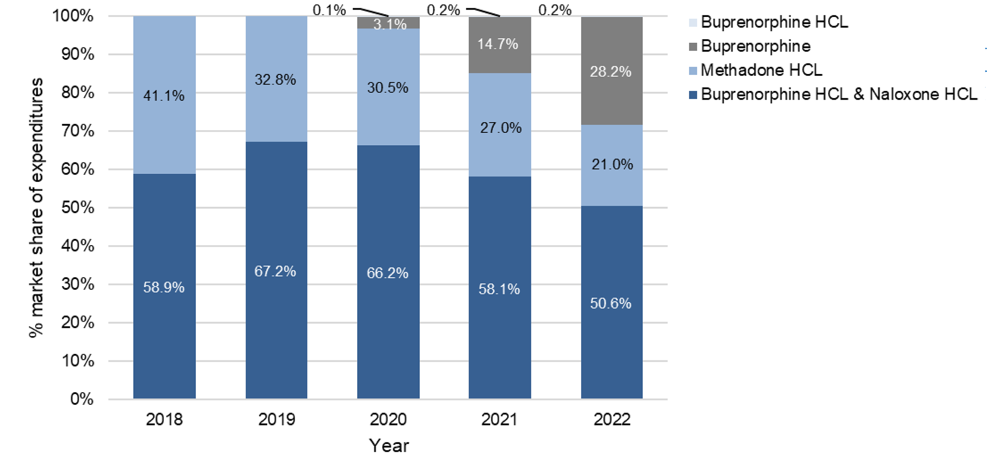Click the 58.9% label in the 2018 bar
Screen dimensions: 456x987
coord(164,287)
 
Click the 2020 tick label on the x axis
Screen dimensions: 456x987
coord(388,419)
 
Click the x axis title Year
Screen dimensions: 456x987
coord(389,445)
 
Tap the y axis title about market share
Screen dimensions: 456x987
coord(36,208)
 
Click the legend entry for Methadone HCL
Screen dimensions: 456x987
coord(761,70)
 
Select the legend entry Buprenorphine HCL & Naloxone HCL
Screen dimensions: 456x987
coord(838,94)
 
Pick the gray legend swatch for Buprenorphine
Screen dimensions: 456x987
coord(693,46)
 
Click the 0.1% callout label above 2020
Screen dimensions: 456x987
coord(329,10)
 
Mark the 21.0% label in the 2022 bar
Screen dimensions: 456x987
coord(612,164)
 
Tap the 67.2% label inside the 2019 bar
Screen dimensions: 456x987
coord(275,271)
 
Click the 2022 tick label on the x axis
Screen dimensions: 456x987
coord(612,419)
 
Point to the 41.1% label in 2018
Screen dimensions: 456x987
coord(164,96)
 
